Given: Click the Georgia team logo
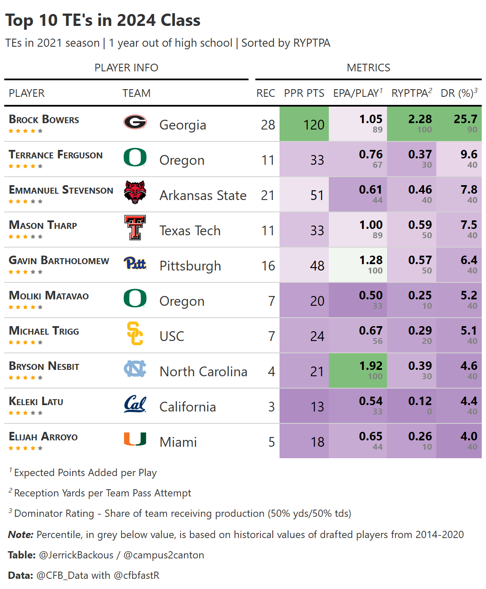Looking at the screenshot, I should click(x=135, y=122).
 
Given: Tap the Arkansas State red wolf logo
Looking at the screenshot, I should click(x=135, y=192).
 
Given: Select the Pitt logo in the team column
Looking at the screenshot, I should click(x=135, y=263).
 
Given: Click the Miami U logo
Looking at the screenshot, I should click(x=135, y=439).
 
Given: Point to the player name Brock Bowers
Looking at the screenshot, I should click(x=44, y=120).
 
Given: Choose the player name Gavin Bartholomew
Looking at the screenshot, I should click(x=59, y=261).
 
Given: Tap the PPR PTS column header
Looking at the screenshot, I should click(x=304, y=93).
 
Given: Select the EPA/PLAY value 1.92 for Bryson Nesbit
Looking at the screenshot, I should click(x=370, y=366).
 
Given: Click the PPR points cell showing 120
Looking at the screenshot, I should click(x=314, y=125).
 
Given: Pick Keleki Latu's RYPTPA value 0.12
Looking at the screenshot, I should click(x=420, y=401).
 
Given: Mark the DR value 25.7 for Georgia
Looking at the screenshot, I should click(x=465, y=119).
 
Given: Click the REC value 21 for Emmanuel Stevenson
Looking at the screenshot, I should click(x=268, y=195).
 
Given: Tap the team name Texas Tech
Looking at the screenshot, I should click(x=190, y=231).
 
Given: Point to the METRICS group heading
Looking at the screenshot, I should click(x=368, y=68).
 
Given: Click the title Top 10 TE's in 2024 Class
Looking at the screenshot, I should click(x=103, y=20).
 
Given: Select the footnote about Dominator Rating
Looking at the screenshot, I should click(x=182, y=513).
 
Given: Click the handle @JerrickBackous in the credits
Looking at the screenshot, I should click(x=76, y=555).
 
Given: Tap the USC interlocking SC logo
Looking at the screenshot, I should click(x=135, y=334).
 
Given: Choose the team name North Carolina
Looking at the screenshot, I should click(x=203, y=372).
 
